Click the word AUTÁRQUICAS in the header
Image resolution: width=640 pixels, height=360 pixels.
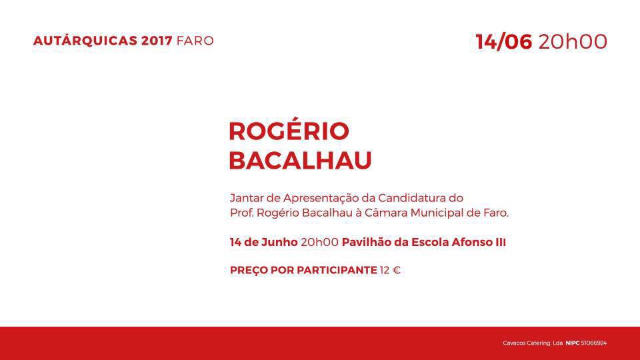[x=85, y=41]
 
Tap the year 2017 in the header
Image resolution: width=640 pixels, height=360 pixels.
[x=157, y=41]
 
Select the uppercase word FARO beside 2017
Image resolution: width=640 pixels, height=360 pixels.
[x=195, y=41]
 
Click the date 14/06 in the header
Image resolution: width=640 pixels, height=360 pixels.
[x=504, y=41]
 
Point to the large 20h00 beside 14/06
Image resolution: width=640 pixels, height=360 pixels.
[x=573, y=41]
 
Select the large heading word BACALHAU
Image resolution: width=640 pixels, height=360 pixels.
[x=301, y=160]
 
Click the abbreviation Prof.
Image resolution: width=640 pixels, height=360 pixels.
[x=241, y=213]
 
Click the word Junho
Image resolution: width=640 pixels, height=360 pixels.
[x=279, y=242]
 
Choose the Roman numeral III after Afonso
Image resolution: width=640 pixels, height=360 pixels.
[x=501, y=242]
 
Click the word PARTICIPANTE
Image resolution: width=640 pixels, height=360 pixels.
[x=337, y=270]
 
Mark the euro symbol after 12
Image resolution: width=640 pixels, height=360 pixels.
[x=396, y=270]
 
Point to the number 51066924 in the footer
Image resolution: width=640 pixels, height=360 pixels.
[x=594, y=343]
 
